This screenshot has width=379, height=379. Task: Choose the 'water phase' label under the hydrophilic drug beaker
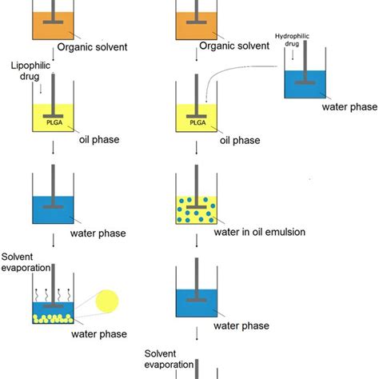pos(345,106)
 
